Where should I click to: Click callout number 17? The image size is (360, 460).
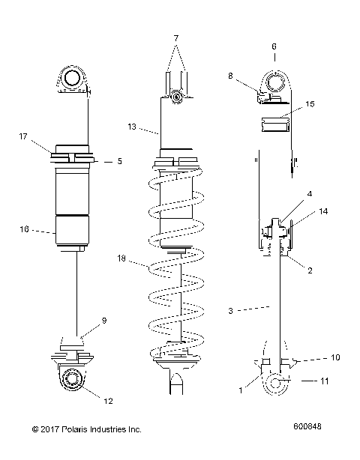tap(23, 136)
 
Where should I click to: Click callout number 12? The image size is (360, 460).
tap(108, 401)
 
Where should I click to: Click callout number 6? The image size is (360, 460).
tap(274, 45)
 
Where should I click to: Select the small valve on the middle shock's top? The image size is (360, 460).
tap(175, 96)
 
